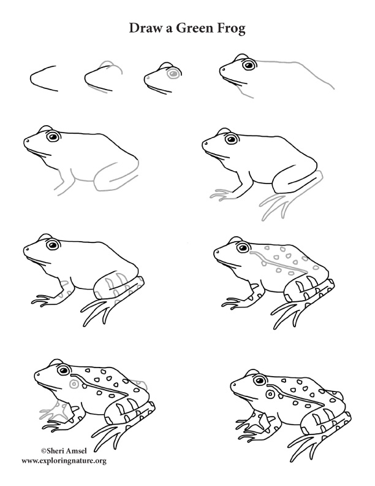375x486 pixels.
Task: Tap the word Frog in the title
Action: [228, 29]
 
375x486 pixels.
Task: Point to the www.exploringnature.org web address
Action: [64, 460]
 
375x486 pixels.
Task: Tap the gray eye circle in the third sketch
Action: [173, 74]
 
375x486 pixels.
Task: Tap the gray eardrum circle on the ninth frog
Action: [75, 384]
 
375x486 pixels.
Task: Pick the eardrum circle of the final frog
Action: [270, 393]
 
